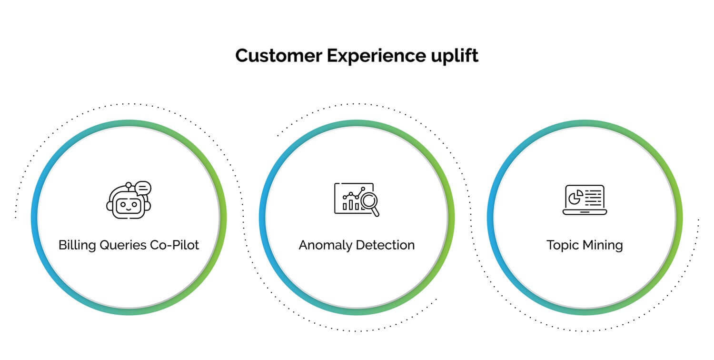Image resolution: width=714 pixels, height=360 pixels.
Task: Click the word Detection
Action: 386,245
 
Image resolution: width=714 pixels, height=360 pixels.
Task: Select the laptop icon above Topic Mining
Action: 585,200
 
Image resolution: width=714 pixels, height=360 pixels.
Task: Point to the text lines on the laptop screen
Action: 594,196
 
